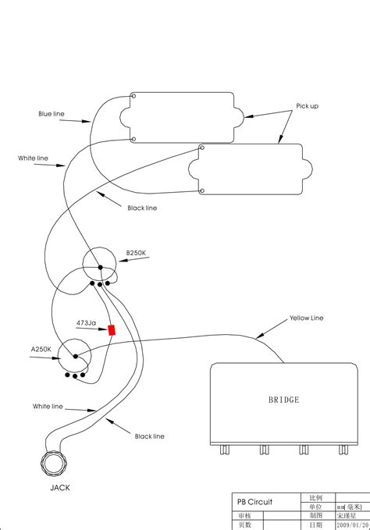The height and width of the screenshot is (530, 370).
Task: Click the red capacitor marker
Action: click(x=112, y=330)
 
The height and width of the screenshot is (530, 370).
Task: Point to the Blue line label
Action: click(x=52, y=114)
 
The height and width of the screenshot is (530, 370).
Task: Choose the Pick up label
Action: click(x=307, y=105)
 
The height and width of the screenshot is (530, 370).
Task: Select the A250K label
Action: click(x=41, y=349)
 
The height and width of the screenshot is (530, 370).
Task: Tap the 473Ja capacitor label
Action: click(x=86, y=322)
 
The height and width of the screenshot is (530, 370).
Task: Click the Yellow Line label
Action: click(x=306, y=318)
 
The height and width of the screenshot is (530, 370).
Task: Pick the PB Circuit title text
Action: click(x=254, y=502)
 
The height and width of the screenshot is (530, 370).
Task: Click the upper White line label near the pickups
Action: click(x=33, y=158)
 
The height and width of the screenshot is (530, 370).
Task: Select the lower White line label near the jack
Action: click(x=48, y=407)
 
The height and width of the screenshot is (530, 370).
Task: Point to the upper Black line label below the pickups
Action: click(x=141, y=208)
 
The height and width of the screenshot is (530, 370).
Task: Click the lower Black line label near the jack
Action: click(x=150, y=436)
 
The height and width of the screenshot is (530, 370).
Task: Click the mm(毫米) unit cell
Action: click(x=353, y=507)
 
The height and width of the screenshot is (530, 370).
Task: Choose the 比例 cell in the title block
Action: click(x=316, y=497)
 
